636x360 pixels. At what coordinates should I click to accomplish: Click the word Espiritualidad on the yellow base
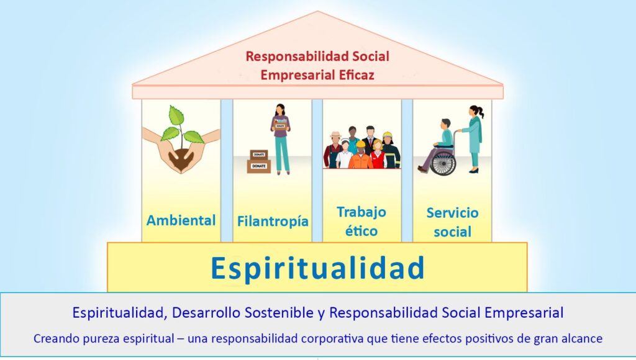(x=317, y=268)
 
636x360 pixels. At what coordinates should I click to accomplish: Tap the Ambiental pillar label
(x=181, y=220)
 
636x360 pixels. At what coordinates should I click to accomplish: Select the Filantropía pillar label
(x=273, y=222)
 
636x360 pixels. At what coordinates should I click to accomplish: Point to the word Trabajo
(x=361, y=212)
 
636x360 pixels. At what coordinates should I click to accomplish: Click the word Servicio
(x=452, y=213)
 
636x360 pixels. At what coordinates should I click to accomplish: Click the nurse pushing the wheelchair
(x=473, y=138)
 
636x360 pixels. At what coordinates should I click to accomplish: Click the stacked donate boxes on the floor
(x=259, y=162)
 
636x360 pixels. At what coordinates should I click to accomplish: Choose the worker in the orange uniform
(x=361, y=155)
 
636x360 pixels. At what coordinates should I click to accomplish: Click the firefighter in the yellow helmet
(x=390, y=150)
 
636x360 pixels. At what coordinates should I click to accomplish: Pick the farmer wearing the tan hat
(x=334, y=150)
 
